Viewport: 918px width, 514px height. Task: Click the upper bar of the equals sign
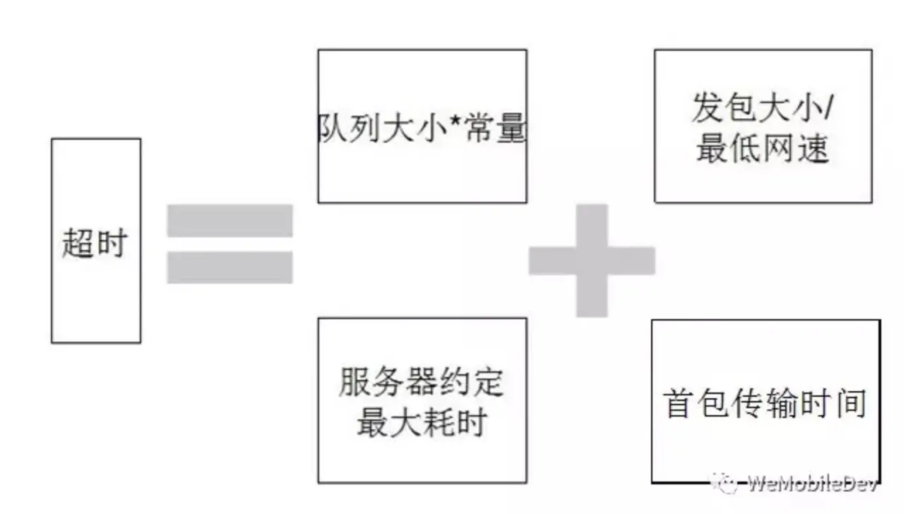[x=229, y=220]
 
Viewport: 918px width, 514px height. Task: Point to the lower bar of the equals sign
[x=229, y=267]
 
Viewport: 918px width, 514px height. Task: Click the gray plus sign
[x=592, y=261]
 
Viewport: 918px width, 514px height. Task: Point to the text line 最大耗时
[x=422, y=422]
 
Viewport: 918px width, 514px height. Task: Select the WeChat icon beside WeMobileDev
[x=727, y=484]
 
